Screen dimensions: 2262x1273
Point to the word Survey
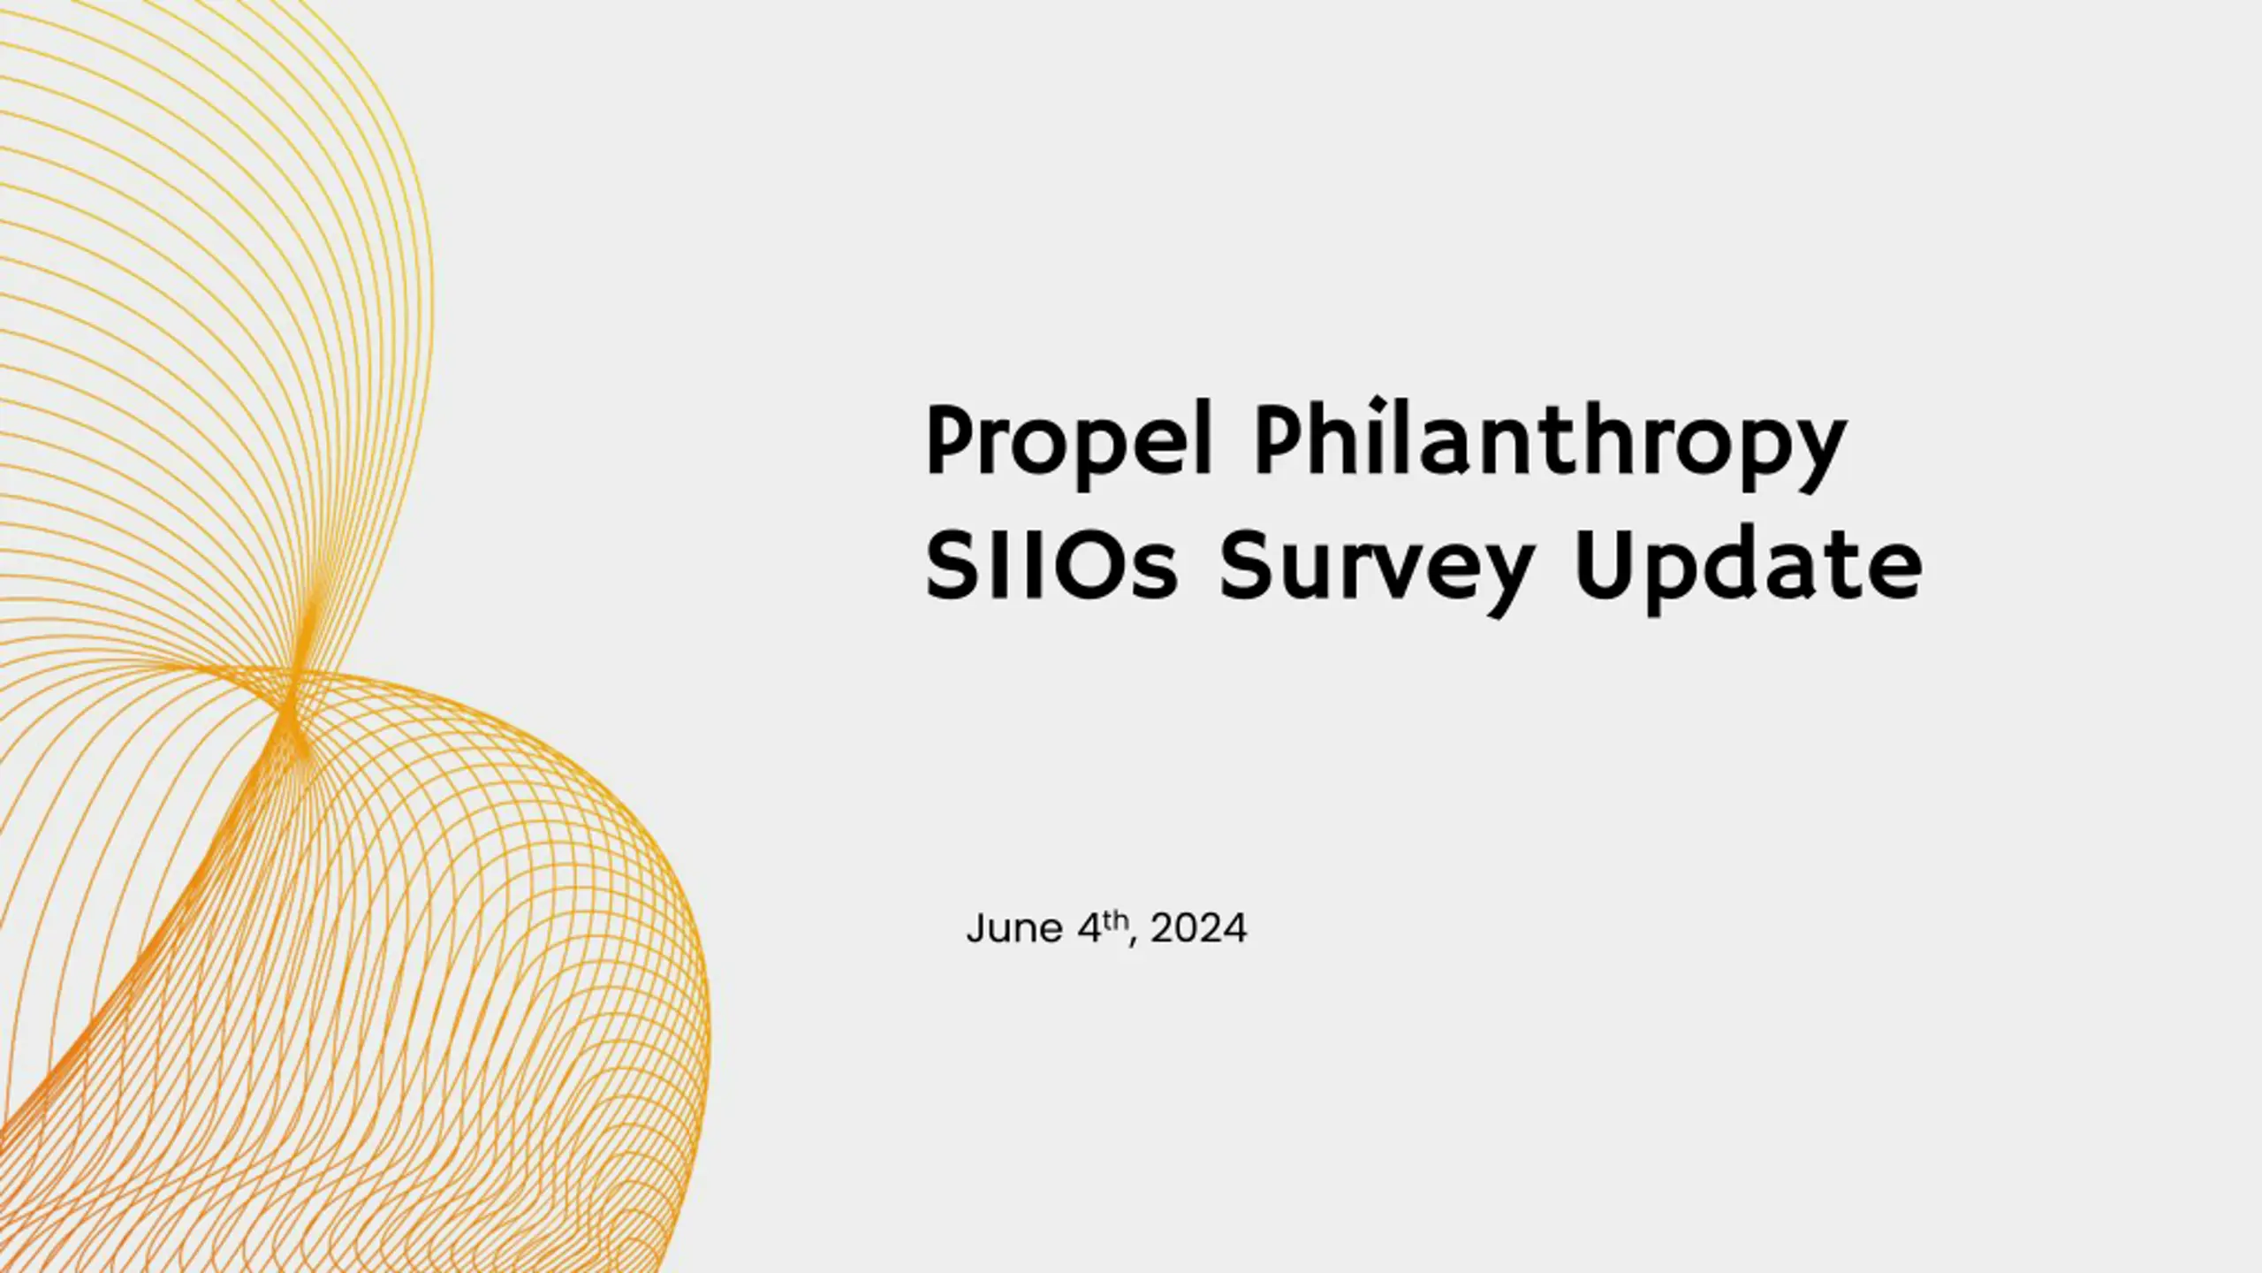click(1376, 573)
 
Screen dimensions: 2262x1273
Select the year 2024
click(1199, 929)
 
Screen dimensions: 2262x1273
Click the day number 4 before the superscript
click(1090, 929)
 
